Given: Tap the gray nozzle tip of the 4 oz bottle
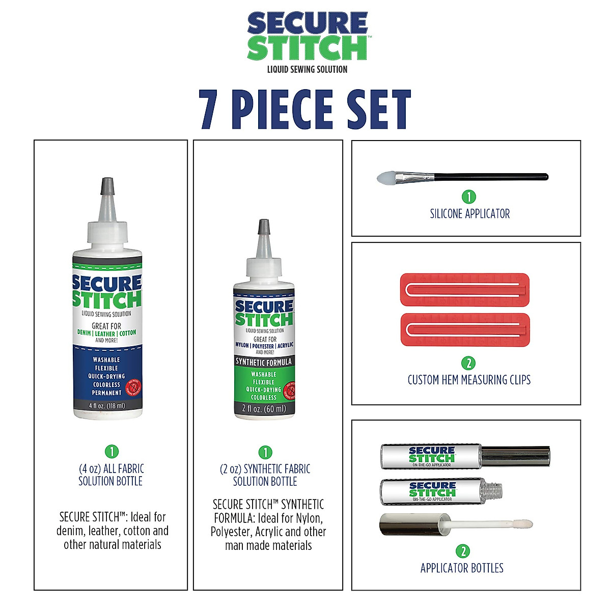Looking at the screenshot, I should [x=107, y=185].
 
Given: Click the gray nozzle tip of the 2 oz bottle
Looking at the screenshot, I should [x=264, y=227].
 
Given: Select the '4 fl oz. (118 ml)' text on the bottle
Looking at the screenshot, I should [x=107, y=406].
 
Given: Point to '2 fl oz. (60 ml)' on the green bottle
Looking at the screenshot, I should [x=264, y=408].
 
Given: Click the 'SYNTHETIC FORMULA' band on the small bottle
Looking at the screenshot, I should [x=264, y=362].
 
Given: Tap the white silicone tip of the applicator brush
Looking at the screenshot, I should [x=386, y=178].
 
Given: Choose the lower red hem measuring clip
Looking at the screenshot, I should [x=465, y=329].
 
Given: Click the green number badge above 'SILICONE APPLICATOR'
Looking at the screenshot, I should [x=468, y=197].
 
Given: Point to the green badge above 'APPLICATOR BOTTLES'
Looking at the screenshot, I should [x=463, y=551].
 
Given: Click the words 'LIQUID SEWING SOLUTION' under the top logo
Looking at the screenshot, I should [x=307, y=69].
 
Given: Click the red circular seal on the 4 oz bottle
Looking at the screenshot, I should [x=134, y=387].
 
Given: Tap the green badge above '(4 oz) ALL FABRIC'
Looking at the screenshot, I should [x=111, y=451].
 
